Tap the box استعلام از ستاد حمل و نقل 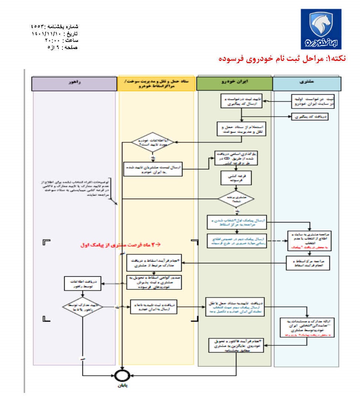pyautogui.click(x=242, y=129)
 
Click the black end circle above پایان pyautogui.click(x=122, y=375)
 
